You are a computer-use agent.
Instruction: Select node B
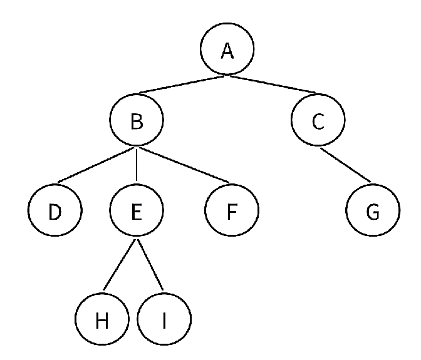coord(137,121)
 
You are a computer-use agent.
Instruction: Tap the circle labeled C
coord(318,121)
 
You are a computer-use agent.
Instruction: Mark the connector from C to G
coord(346,165)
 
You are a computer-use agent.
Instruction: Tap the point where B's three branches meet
coord(137,148)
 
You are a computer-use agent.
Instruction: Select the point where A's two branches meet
coord(227,77)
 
